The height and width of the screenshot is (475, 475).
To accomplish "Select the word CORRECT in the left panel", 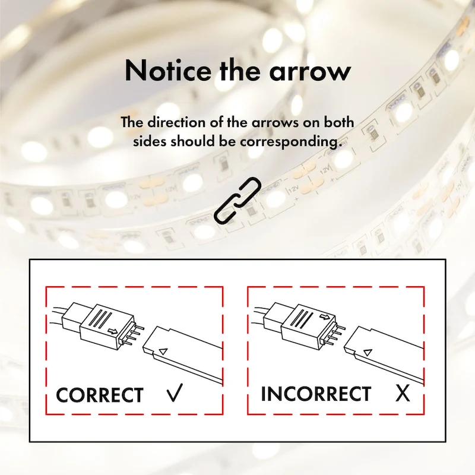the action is [x=100, y=395].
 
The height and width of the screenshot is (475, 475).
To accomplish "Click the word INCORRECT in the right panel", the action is [x=316, y=394].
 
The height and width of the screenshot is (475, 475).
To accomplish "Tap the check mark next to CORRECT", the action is [x=175, y=392].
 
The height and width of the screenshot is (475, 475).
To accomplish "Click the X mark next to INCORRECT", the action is [x=403, y=394].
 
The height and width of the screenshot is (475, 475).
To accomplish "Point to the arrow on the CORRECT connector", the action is [x=113, y=331].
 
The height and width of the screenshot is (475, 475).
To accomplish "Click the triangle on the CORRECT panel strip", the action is [x=163, y=351].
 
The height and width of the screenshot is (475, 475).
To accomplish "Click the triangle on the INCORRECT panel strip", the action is [x=368, y=352].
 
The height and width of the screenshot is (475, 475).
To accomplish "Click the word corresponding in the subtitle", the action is [x=289, y=142].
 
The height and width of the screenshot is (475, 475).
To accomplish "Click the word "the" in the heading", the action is [x=240, y=71].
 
